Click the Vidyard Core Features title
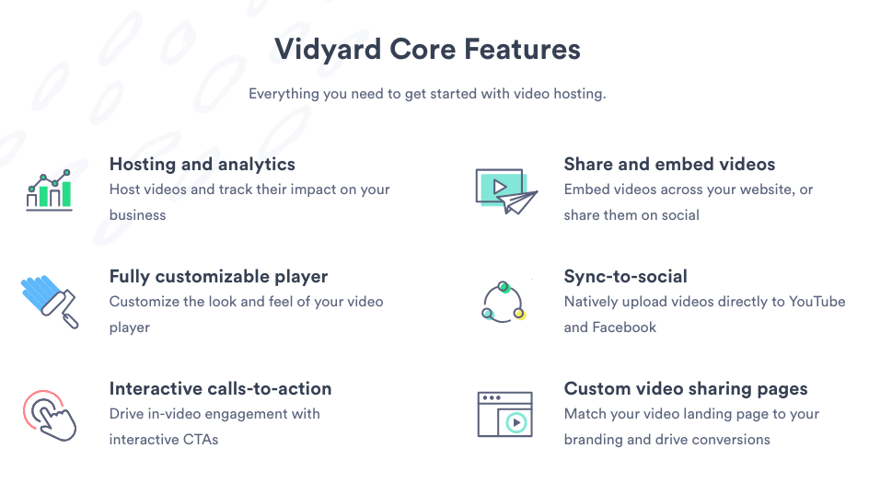tap(427, 50)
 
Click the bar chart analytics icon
tap(50, 190)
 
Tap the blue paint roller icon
tap(50, 302)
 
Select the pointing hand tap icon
tap(50, 416)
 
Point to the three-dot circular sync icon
tap(504, 303)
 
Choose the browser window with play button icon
tap(504, 414)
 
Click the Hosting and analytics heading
tap(203, 165)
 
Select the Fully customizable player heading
tap(218, 276)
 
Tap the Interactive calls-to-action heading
tap(220, 389)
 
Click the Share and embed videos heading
tap(669, 165)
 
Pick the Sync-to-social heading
tap(625, 276)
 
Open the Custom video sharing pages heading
tap(686, 389)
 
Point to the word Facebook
tap(624, 327)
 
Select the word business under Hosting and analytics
tap(137, 215)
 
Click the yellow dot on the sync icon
tap(519, 314)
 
